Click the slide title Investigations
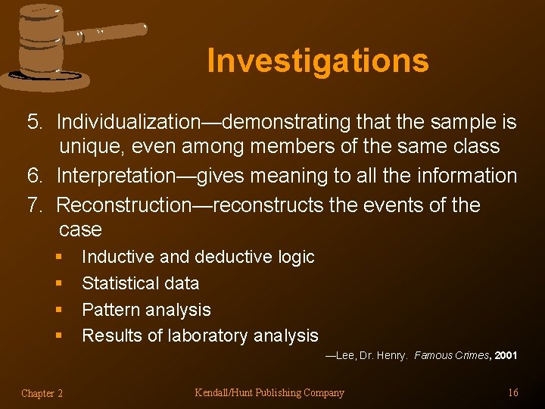click(318, 61)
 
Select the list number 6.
click(34, 176)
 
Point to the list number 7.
click(34, 204)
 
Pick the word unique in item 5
click(93, 146)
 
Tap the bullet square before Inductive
click(59, 258)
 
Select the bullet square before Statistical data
click(59, 284)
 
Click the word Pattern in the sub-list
click(111, 310)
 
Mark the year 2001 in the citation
click(506, 355)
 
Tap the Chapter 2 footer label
click(42, 392)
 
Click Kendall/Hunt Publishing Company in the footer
click(269, 392)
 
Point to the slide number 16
click(512, 392)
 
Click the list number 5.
click(34, 121)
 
